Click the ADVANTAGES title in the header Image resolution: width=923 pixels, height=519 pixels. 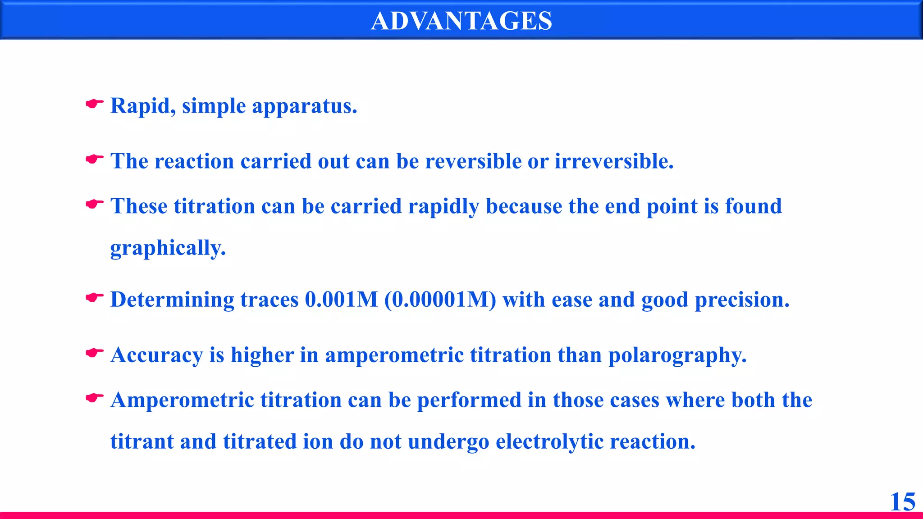click(x=461, y=21)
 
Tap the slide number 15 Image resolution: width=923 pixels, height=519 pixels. click(x=902, y=502)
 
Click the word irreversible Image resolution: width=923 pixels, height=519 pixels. click(x=614, y=161)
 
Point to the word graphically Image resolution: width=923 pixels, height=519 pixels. click(x=168, y=248)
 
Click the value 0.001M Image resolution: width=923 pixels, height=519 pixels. click(x=341, y=300)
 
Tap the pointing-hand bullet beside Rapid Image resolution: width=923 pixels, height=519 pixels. click(x=94, y=104)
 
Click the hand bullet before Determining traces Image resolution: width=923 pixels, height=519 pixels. click(x=94, y=298)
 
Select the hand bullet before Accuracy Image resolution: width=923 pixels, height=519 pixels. click(x=94, y=353)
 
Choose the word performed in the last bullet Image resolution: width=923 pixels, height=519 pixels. click(x=469, y=401)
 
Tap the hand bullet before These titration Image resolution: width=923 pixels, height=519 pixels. click(x=94, y=205)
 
